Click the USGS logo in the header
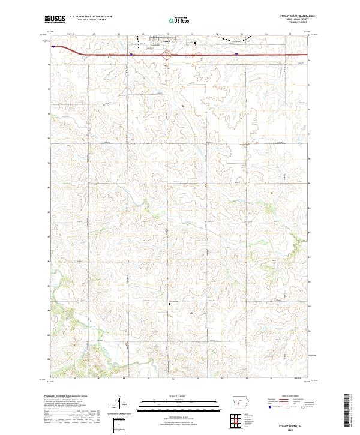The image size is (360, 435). (55, 20)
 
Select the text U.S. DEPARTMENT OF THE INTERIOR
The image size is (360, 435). (91, 17)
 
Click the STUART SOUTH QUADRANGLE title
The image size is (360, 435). (298, 17)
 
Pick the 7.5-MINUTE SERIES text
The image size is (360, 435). (305, 23)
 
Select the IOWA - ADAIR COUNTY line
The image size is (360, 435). (304, 20)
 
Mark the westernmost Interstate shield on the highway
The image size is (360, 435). (53, 46)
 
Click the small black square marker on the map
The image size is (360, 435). (170, 304)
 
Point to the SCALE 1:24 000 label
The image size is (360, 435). (172, 396)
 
